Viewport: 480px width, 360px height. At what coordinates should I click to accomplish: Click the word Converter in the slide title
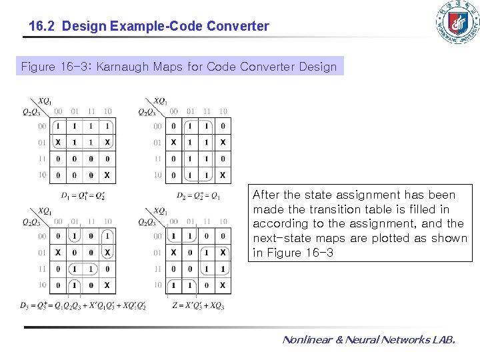[x=238, y=27]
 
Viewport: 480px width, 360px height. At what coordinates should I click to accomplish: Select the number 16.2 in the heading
[x=41, y=27]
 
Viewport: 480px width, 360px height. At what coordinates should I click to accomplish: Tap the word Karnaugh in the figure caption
[x=126, y=67]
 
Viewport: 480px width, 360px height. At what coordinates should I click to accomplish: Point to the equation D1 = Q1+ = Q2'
[x=83, y=196]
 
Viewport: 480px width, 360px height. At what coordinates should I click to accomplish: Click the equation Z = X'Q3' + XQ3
[x=197, y=306]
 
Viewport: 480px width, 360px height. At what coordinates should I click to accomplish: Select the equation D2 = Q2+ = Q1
[x=199, y=196]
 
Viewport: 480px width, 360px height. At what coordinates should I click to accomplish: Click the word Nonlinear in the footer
[x=308, y=340]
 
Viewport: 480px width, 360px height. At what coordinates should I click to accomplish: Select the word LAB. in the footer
[x=443, y=340]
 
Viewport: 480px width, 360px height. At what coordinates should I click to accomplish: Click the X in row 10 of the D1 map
[x=107, y=175]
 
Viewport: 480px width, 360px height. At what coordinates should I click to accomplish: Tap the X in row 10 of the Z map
[x=223, y=285]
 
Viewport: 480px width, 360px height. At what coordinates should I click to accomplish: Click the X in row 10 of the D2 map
[x=223, y=175]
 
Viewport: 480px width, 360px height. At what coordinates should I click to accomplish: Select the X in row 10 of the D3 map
[x=107, y=285]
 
